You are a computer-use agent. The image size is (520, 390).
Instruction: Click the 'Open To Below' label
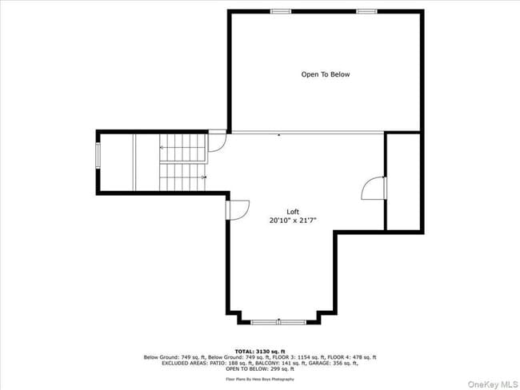coord(325,74)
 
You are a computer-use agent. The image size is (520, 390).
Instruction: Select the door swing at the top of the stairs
coord(218,142)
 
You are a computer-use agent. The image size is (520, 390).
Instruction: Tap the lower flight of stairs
coord(182,175)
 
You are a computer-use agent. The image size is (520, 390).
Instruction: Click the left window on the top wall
coord(280,11)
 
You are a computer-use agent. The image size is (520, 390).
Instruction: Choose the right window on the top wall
coord(367,11)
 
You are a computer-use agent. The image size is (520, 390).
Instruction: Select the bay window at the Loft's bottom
coord(278,321)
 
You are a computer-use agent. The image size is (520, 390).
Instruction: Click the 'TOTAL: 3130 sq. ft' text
coord(260,351)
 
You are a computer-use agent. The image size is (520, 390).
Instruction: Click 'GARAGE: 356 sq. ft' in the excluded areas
coord(334,363)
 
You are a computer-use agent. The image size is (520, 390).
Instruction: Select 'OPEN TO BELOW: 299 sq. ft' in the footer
coord(260,368)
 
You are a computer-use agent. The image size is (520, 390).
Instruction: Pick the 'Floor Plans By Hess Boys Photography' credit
coord(260,379)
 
